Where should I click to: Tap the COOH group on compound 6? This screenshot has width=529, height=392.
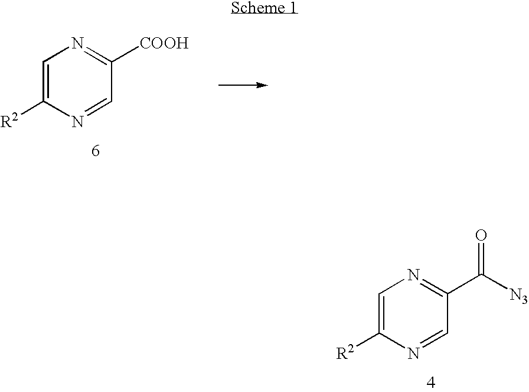164,43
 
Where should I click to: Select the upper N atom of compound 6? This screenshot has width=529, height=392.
77,43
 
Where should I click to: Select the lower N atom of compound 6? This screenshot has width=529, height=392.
77,121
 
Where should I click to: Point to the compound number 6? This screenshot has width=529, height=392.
96,151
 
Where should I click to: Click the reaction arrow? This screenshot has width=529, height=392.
243,85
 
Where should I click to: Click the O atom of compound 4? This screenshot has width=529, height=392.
481,235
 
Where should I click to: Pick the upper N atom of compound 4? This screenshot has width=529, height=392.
414,275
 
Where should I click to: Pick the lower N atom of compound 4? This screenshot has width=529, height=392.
414,354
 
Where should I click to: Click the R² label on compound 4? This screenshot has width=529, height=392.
345,352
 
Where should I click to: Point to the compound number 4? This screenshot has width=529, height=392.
431,383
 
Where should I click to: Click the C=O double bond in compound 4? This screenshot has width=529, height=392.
481,258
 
